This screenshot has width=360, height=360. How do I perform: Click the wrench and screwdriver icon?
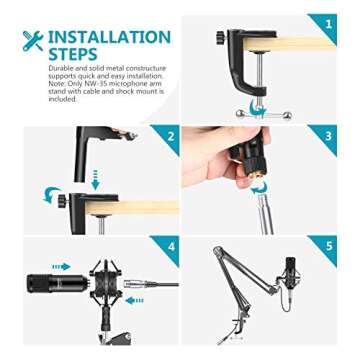tap(32, 41)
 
